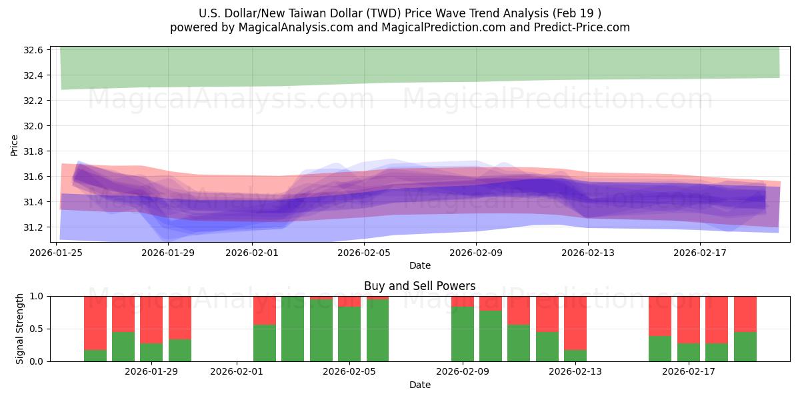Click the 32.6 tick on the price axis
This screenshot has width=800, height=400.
point(34,50)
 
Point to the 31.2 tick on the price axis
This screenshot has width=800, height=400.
point(34,227)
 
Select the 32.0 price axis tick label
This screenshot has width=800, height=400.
point(34,126)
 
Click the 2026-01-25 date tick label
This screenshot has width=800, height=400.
point(56,253)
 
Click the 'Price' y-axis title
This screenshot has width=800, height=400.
point(14,145)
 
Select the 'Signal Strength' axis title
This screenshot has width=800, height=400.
point(20,329)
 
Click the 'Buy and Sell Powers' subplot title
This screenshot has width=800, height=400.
point(419,286)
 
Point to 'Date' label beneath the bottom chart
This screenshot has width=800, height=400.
point(419,385)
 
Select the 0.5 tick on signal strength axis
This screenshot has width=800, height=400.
point(37,329)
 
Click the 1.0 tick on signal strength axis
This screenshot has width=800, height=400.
point(37,296)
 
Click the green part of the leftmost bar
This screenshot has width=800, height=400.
point(95,355)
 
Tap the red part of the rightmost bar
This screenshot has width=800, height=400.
point(745,313)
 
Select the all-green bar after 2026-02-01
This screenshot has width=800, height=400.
point(293,329)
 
